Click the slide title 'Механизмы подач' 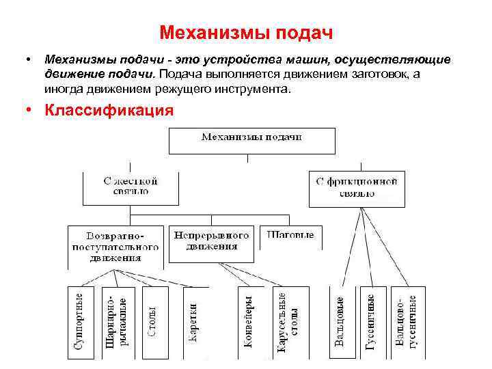245,33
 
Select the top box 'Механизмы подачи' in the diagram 252,140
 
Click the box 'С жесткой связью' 131,188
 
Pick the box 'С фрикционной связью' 357,189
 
